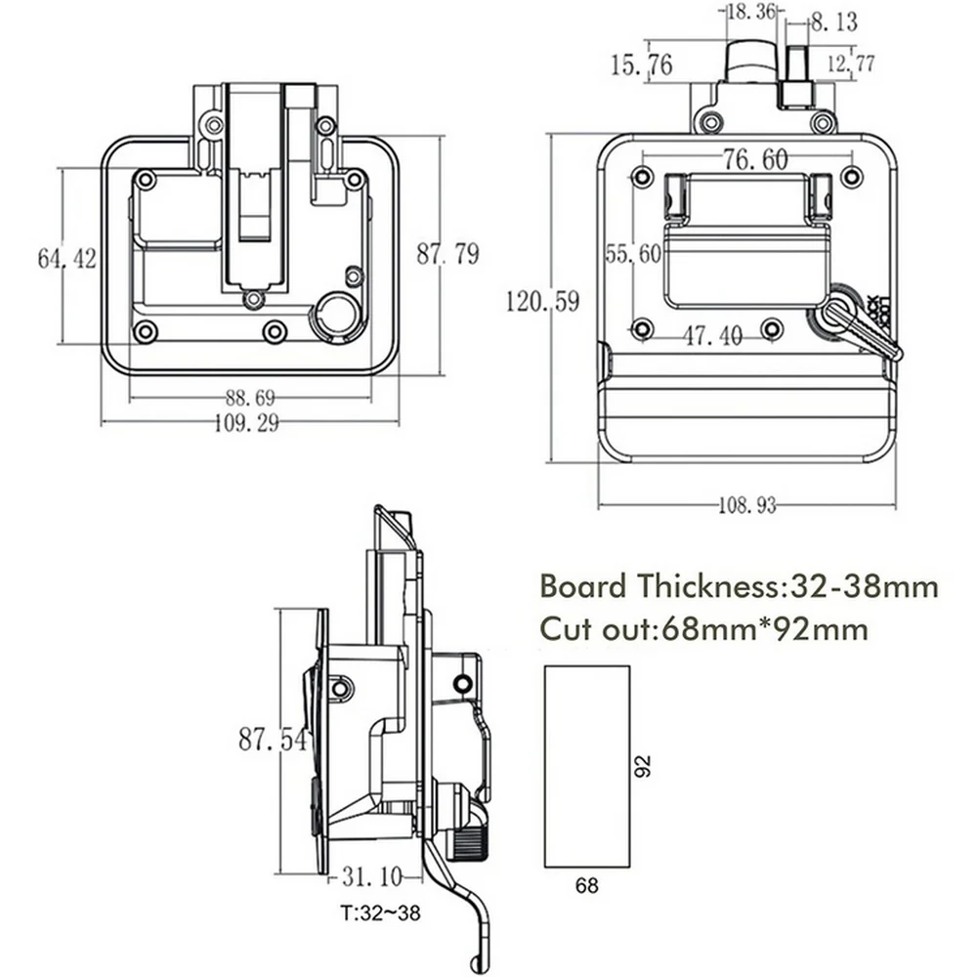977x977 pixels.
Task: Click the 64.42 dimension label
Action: [66, 259]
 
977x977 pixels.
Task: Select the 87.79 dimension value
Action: [447, 254]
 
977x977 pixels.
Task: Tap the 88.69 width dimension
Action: [249, 398]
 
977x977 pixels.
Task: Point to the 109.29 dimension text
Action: [249, 423]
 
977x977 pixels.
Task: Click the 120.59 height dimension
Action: [542, 302]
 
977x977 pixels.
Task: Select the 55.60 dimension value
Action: [633, 254]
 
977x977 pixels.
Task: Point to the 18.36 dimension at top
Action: [750, 12]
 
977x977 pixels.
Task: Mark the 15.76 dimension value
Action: [641, 65]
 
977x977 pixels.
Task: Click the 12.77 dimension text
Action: [850, 64]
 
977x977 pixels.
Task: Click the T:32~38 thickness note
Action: [381, 915]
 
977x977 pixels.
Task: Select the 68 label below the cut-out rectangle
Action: [586, 886]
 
